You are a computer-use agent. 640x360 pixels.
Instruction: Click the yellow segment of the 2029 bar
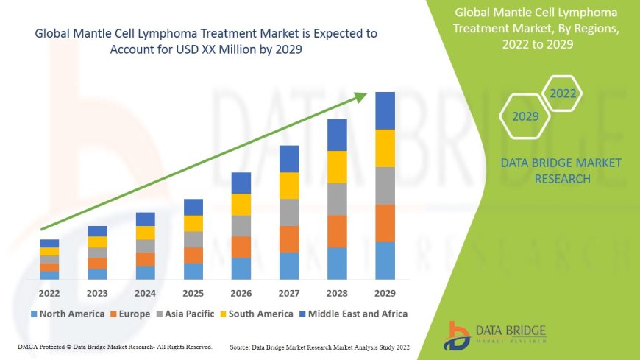[385, 148]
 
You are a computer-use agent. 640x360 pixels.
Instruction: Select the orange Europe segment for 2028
[337, 231]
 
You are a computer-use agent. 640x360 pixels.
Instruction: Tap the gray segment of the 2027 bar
[289, 212]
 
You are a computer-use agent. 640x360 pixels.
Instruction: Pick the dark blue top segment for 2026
[241, 183]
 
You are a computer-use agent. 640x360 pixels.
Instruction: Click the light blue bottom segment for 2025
[193, 271]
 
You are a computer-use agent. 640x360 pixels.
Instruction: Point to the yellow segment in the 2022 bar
[49, 251]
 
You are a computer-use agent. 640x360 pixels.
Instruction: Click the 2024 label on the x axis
[146, 293]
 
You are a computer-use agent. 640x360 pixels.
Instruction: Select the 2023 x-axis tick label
[97, 293]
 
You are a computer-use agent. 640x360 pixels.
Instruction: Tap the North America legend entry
[67, 314]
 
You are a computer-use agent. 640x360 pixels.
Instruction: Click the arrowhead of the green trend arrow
[362, 96]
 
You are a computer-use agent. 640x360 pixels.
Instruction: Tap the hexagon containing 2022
[563, 93]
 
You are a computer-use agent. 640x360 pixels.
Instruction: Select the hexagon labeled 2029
[525, 116]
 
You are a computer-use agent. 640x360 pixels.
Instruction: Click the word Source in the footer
[241, 346]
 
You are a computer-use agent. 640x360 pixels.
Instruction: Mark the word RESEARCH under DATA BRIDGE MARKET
[561, 179]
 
